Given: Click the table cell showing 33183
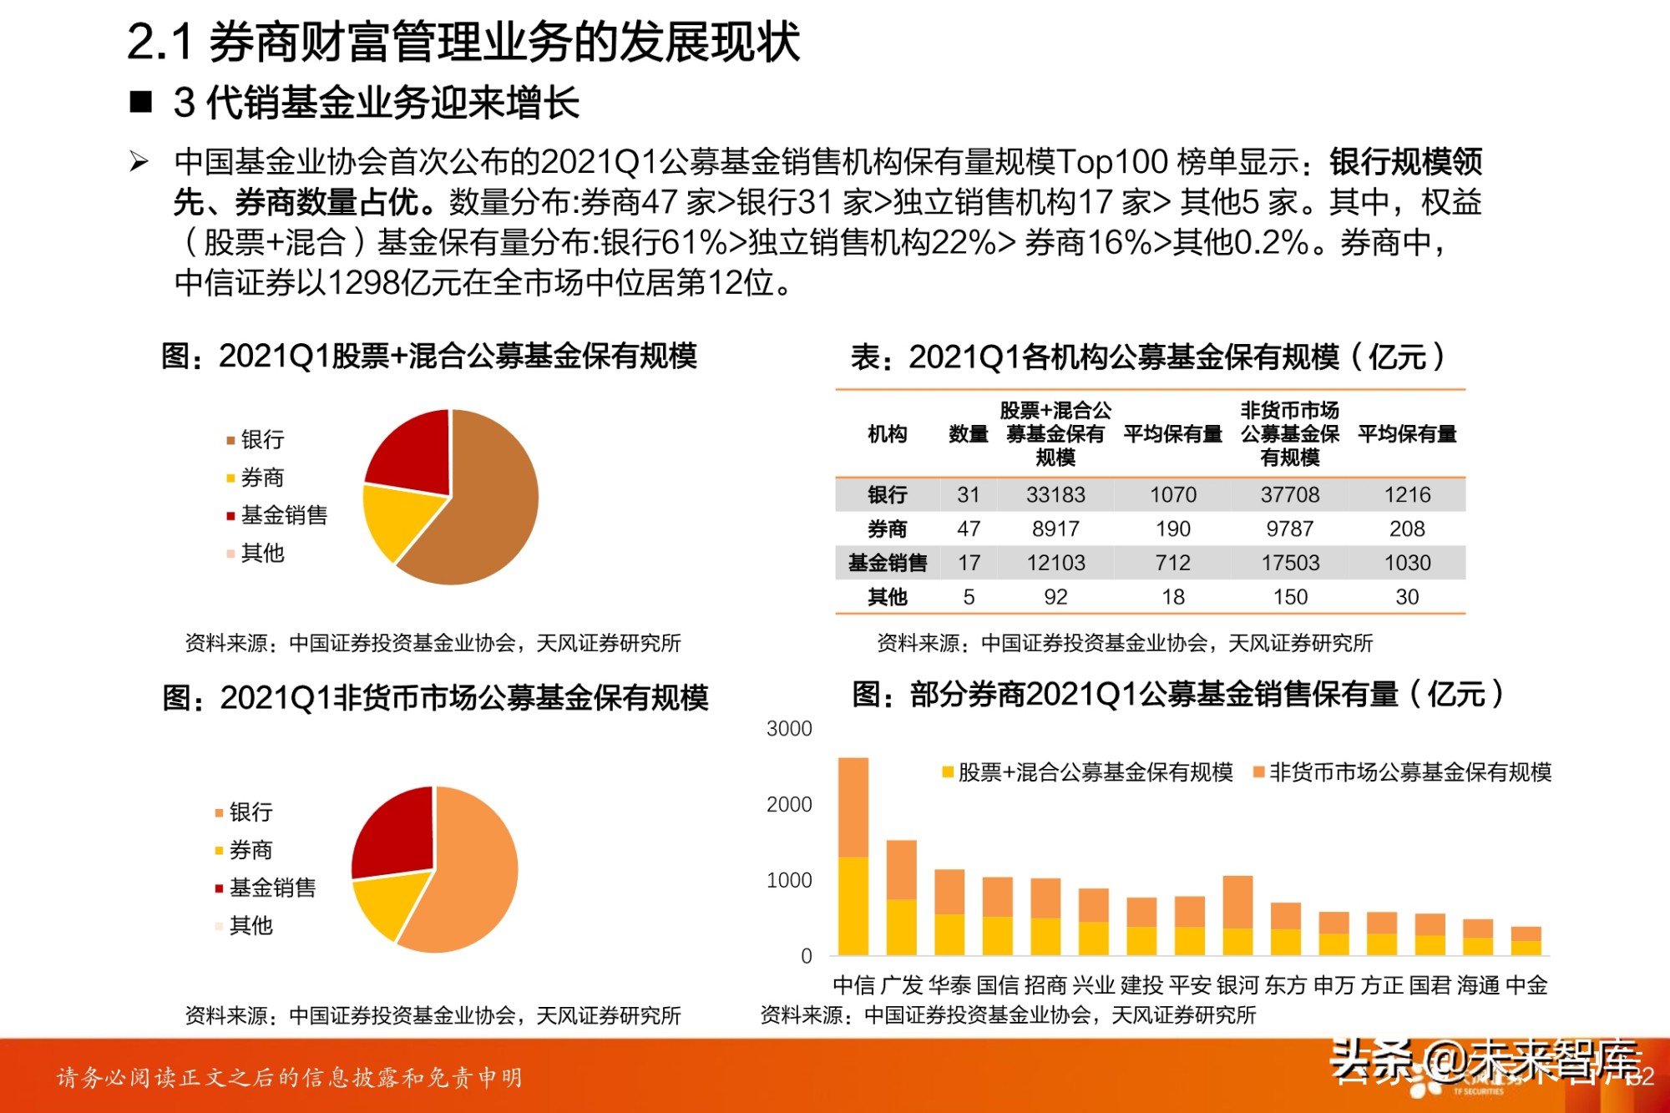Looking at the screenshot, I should pos(1055,495).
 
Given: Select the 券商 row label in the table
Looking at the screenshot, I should pos(887,529).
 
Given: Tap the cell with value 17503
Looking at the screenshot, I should pos(1290,564).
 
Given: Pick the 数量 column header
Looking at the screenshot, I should pos(969,434).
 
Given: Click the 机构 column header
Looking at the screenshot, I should pos(887,434).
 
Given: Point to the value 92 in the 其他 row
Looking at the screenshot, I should pos(1055,598).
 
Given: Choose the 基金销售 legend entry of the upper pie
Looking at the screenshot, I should pos(283,515).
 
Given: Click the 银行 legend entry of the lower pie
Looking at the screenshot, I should pos(250,812).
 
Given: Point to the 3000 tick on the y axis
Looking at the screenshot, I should pos(789,729).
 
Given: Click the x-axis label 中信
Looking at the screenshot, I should pos(853,985).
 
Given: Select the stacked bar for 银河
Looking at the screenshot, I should pos(1237,915).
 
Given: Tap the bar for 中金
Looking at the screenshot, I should pos(1526,941).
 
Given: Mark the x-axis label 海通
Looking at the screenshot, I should pos(1478,985).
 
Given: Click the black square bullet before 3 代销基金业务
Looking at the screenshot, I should pos(141,103).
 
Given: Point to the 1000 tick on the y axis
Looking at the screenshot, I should pos(789,880).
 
